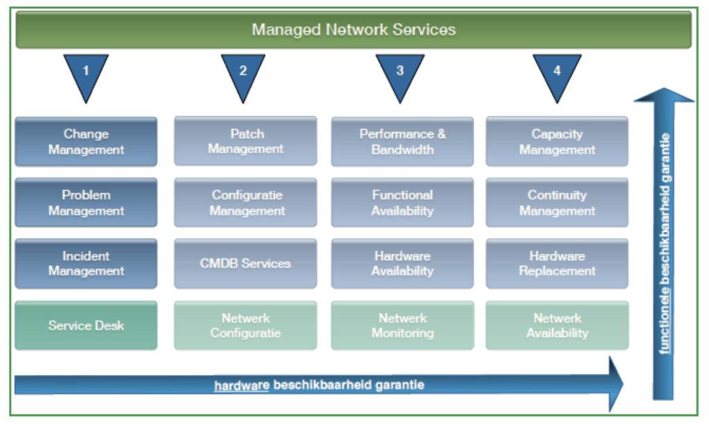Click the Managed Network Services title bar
353,30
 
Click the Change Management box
86,141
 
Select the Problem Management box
86,203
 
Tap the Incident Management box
86,264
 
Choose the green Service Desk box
86,325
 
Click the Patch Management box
246,141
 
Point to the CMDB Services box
246,264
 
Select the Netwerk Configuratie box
246,325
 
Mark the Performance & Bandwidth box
402,141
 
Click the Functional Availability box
402,203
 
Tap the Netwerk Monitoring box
402,325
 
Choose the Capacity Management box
557,141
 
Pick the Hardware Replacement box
557,264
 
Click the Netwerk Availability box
557,325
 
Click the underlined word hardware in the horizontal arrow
242,385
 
